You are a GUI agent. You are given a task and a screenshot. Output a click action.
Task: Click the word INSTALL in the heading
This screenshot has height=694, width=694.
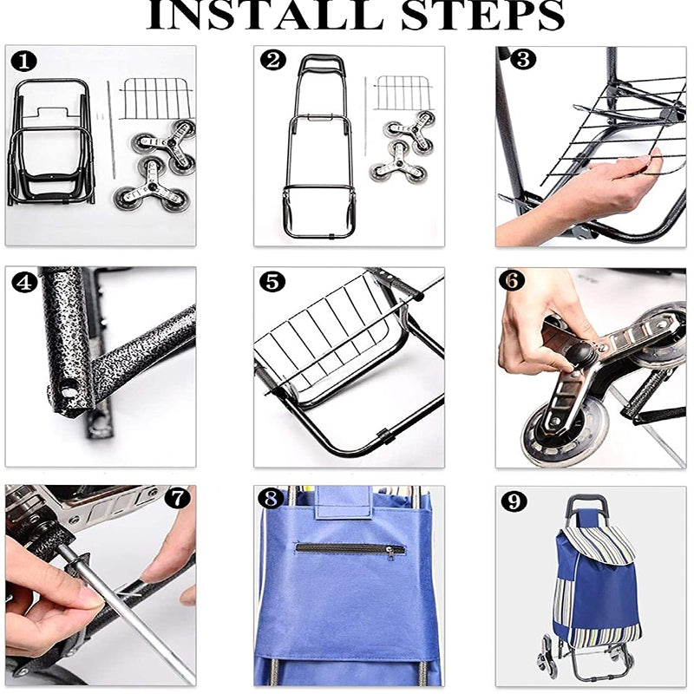(x=265, y=15)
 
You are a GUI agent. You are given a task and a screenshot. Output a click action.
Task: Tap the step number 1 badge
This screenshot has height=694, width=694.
(x=24, y=62)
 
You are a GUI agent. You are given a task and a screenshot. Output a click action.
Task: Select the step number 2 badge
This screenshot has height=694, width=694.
(x=273, y=60)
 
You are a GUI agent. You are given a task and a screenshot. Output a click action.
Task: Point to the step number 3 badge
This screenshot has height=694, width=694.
(x=523, y=59)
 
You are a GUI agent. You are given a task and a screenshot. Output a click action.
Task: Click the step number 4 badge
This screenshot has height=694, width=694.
(x=24, y=282)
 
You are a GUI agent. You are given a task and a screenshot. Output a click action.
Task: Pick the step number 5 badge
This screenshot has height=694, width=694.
(x=272, y=281)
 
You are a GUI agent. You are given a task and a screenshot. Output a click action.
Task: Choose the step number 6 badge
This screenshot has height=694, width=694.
(x=512, y=280)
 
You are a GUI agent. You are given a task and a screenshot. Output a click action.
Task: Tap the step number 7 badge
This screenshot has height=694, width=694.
(x=178, y=499)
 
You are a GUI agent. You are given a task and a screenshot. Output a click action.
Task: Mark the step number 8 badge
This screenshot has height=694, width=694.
(x=271, y=499)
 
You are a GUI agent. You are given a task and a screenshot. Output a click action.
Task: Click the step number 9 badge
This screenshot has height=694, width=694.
(x=514, y=501)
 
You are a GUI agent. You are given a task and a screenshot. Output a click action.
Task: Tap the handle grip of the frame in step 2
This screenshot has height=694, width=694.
(x=321, y=61)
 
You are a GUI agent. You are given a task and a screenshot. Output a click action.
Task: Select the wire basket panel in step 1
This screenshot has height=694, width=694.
(x=157, y=98)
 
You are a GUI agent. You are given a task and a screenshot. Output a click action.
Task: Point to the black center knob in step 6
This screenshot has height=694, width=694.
(x=579, y=354)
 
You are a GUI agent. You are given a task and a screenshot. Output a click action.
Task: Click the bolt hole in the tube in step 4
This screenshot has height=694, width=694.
(x=69, y=391)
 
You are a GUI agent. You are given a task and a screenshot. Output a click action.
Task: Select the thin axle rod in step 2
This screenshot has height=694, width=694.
(x=365, y=116)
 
